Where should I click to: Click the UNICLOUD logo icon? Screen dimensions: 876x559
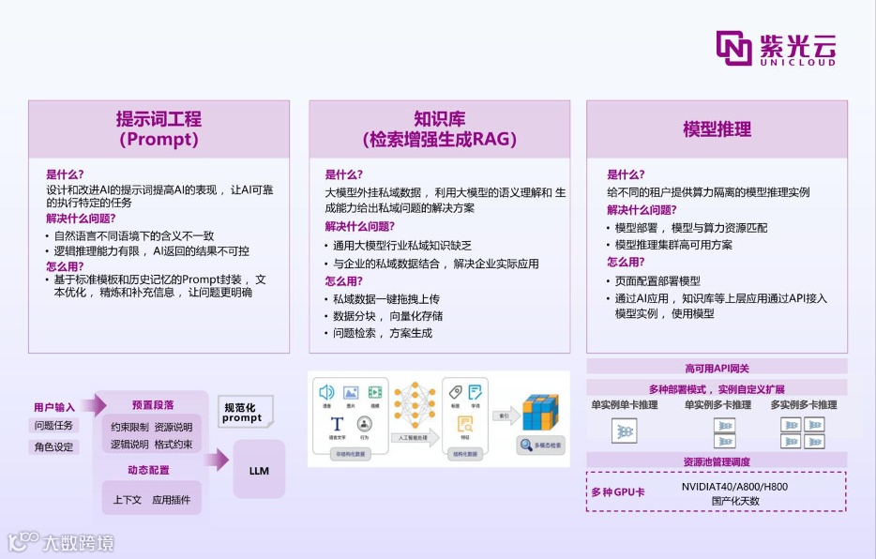click(733, 48)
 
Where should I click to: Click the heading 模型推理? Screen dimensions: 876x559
click(717, 129)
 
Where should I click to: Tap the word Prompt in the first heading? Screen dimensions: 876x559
click(159, 140)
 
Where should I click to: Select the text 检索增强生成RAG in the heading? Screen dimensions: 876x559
click(439, 140)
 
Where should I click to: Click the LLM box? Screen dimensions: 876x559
click(259, 470)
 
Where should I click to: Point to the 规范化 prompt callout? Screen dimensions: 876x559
click(242, 412)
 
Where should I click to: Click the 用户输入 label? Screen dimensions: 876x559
click(53, 407)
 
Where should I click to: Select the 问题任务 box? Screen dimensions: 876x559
click(53, 425)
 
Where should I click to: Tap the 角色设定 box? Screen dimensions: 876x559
click(53, 446)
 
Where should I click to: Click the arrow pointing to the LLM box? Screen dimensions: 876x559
click(217, 459)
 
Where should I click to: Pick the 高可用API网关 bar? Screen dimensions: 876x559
click(717, 368)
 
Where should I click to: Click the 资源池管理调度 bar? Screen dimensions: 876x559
click(717, 461)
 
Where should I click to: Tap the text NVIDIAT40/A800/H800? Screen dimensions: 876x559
click(734, 486)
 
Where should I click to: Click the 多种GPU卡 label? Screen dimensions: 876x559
click(617, 492)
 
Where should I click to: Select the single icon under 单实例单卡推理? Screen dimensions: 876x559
click(624, 431)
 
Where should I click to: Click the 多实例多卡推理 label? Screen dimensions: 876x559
click(804, 405)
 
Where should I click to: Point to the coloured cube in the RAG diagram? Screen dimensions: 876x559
click(539, 412)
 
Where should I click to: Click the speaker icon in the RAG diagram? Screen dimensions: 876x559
click(326, 392)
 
